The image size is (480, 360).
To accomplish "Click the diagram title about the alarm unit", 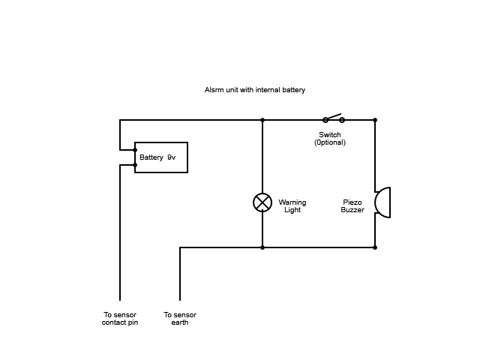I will point(254,90).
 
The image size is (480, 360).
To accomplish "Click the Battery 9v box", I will point(161,157).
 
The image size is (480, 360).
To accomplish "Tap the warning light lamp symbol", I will point(262,202).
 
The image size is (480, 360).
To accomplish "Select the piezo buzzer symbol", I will point(382,202).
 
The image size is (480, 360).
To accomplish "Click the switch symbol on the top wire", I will point(333,118).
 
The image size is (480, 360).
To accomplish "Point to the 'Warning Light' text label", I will point(292,206).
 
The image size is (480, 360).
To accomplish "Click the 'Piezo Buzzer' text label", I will point(352,206).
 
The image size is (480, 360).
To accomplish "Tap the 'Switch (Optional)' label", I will point(330,139).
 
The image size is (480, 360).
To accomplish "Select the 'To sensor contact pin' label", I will point(120,319).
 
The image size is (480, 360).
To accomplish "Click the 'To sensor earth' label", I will point(180,319).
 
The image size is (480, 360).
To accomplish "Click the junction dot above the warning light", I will point(262,120).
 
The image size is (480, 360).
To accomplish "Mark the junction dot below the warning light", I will point(262,247).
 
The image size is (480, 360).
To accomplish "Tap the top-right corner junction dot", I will point(375,120).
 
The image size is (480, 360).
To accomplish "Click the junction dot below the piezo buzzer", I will point(375,247).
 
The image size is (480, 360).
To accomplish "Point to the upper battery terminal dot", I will point(135,150).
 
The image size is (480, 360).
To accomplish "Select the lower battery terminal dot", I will point(135,165).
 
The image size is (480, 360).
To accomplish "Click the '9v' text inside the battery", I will point(171,157).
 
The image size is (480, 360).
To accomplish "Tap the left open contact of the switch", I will point(325,120).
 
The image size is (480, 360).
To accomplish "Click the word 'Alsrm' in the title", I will point(214,90).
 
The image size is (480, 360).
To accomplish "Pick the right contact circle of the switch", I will point(342,120).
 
